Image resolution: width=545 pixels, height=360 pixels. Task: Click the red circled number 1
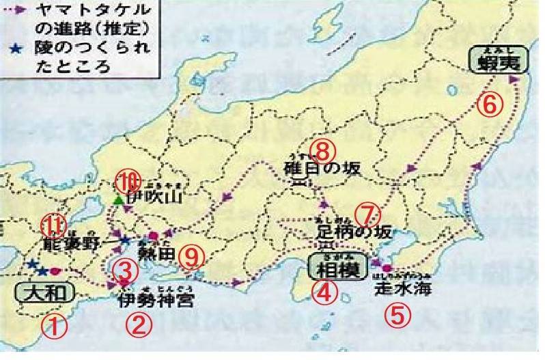[55, 324]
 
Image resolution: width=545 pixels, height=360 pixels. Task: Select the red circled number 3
[124, 270]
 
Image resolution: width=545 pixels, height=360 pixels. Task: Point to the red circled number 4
[324, 292]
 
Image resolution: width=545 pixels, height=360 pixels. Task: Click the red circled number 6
[490, 104]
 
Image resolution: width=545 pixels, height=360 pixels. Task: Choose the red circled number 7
[367, 213]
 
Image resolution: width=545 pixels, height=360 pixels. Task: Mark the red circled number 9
[192, 255]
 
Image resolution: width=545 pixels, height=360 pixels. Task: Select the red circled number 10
[128, 180]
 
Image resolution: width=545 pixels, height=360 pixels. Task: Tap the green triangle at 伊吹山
[119, 201]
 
